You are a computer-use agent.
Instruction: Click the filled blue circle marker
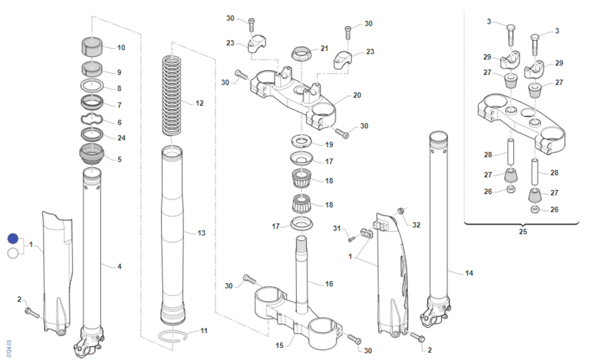13,238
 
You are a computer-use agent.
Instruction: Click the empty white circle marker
13,253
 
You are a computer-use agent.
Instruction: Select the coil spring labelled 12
172,95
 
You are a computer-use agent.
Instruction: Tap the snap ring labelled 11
172,336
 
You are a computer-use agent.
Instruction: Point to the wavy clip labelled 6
92,119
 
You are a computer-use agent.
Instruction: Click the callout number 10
121,48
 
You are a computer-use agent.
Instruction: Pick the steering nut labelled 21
301,53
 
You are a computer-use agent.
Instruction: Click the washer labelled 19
301,141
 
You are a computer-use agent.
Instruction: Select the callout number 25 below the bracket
523,232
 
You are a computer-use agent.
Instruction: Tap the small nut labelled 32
400,210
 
